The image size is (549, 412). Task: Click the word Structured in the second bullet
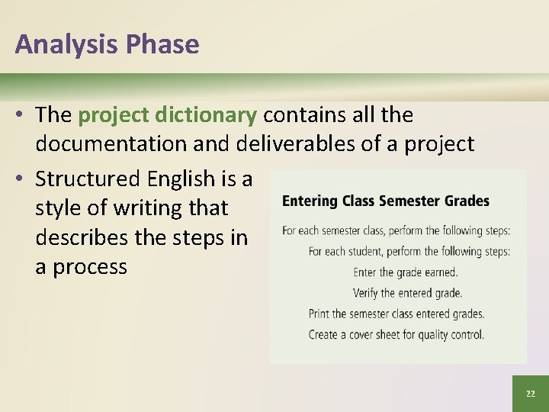coord(88,179)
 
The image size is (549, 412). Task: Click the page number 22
coord(530,394)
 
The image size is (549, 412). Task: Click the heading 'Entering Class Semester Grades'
coord(386,201)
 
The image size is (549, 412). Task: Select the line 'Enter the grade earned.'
coord(406,272)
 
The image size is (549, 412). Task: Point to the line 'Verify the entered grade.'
coord(407,293)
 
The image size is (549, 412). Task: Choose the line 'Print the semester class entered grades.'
coord(396,314)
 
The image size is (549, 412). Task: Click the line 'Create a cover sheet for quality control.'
coord(396,334)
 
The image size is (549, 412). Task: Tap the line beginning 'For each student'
coord(409,251)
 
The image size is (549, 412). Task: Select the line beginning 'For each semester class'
coord(396,230)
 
